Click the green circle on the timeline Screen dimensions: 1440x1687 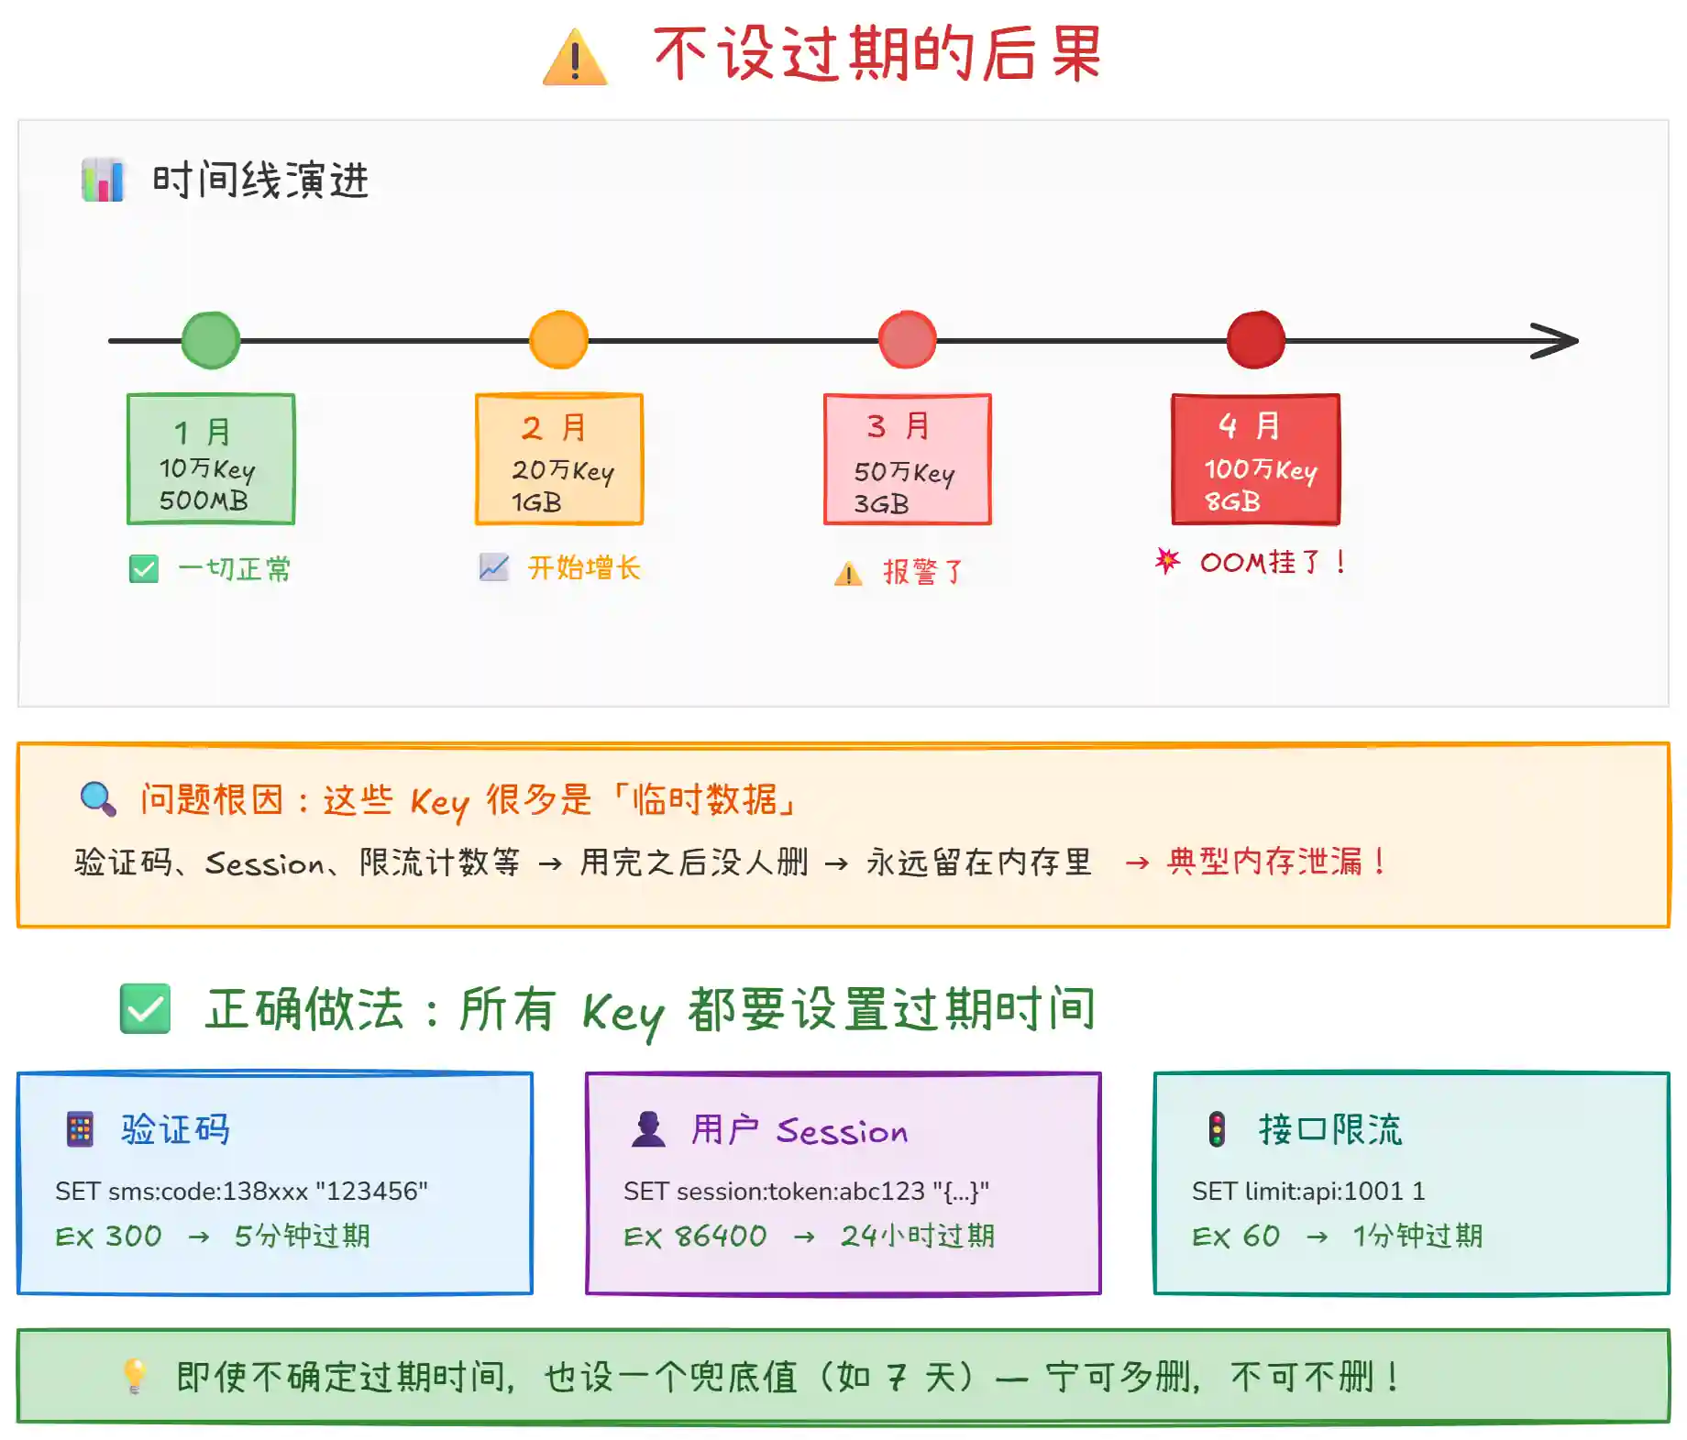pyautogui.click(x=211, y=340)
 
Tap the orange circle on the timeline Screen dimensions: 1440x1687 pyautogui.click(x=558, y=340)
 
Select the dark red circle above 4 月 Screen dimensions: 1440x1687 pyautogui.click(x=1255, y=340)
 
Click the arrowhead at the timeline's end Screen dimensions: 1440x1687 pyautogui.click(x=1557, y=341)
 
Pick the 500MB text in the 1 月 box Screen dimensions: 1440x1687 pyautogui.click(x=204, y=500)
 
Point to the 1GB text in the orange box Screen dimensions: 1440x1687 pyautogui.click(x=536, y=502)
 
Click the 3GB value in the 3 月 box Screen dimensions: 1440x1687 pyautogui.click(x=881, y=504)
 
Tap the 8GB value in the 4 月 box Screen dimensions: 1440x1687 pyautogui.click(x=1232, y=501)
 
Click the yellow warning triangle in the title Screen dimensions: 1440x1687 pyautogui.click(x=575, y=58)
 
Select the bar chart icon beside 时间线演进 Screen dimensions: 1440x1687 pyautogui.click(x=102, y=180)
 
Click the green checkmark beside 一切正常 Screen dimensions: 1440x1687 pyautogui.click(x=144, y=569)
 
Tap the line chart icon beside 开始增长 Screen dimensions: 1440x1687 pyautogui.click(x=493, y=567)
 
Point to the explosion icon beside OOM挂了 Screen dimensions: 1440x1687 pyautogui.click(x=1167, y=560)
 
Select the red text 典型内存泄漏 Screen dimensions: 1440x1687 pyautogui.click(x=1264, y=862)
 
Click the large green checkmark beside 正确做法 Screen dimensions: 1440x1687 pyautogui.click(x=145, y=1008)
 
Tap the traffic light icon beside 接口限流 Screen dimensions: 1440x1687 pyautogui.click(x=1217, y=1129)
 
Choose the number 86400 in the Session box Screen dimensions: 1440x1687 pyautogui.click(x=721, y=1237)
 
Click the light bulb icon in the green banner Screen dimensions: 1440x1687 pyautogui.click(x=135, y=1376)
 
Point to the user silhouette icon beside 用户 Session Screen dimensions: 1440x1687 pyautogui.click(x=648, y=1129)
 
